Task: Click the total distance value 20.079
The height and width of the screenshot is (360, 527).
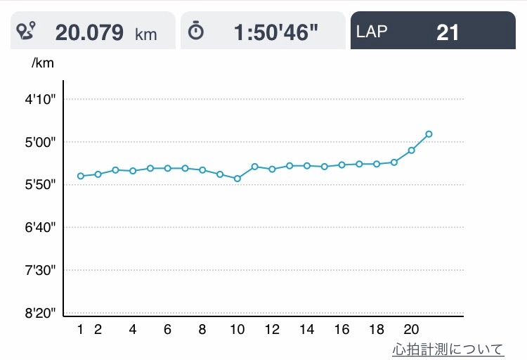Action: pos(89,32)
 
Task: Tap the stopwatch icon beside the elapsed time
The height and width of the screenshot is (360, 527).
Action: pos(195,31)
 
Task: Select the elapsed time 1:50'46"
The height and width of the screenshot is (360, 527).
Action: pos(275,32)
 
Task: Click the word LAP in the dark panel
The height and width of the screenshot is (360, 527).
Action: pos(372,32)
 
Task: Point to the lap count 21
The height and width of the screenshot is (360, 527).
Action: pos(448,32)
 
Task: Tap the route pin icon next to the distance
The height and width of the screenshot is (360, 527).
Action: pos(26,30)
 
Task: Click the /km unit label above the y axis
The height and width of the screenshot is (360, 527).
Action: pos(43,63)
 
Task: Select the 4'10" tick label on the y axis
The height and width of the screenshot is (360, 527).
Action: pos(40,100)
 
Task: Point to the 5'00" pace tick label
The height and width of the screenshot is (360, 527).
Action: pos(40,142)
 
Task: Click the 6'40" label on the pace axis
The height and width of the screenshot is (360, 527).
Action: pos(40,228)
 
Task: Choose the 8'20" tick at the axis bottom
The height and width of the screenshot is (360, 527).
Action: pos(40,313)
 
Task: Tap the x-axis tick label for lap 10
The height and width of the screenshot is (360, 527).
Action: pos(238,330)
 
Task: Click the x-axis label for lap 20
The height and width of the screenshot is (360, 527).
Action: pos(411,330)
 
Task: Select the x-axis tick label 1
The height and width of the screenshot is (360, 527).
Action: pos(80,330)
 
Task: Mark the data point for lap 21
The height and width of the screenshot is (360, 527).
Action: pos(429,134)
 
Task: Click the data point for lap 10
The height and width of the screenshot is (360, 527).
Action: pos(238,179)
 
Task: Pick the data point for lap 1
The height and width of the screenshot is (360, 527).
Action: pos(81,176)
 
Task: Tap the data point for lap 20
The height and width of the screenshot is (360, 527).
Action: pos(411,150)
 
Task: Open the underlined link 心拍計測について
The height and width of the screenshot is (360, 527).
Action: pos(448,349)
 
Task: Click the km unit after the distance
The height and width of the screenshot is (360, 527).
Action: pos(146,34)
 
